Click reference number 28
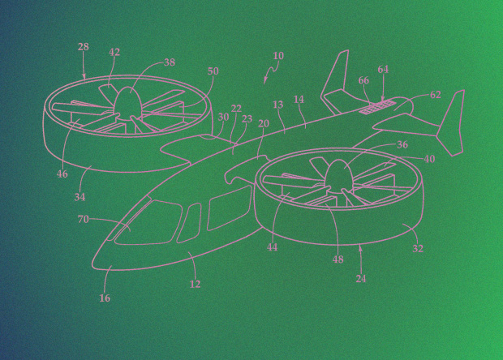point(83,47)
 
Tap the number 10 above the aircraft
point(278,56)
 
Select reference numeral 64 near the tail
point(383,69)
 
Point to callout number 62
point(436,95)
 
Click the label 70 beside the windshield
point(83,219)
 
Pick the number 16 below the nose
point(105,298)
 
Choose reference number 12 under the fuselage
point(195,284)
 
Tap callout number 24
point(361,279)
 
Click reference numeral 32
point(418,248)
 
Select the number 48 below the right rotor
point(337,259)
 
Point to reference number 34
point(80,197)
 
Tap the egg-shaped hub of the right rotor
point(339,173)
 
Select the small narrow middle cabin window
point(188,223)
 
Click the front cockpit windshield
point(148,222)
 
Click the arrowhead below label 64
point(383,99)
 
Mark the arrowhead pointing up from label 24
point(360,247)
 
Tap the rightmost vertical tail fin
point(451,123)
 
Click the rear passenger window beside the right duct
point(229,208)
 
